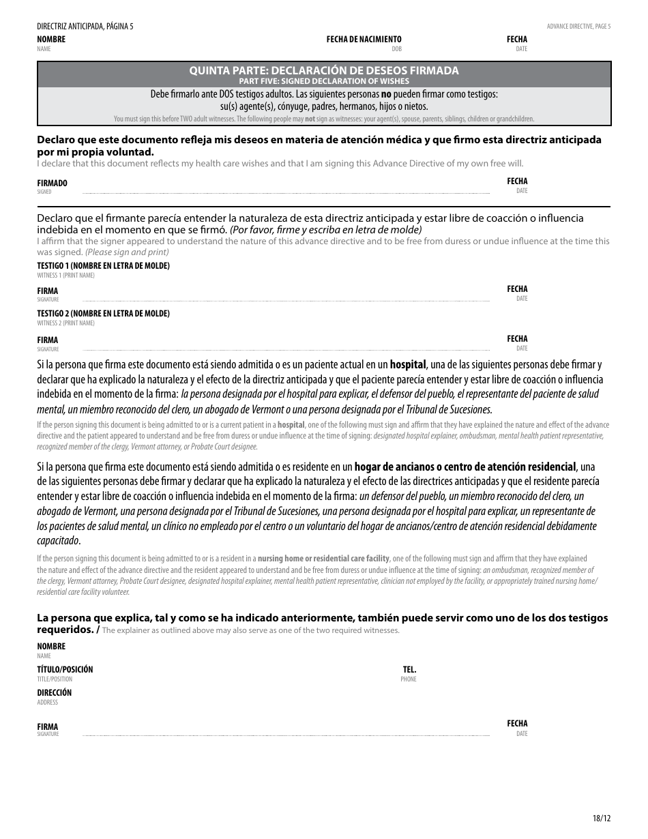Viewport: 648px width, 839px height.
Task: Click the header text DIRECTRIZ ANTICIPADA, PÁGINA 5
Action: click(x=85, y=27)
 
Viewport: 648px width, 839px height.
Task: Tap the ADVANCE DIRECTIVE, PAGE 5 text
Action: click(x=578, y=27)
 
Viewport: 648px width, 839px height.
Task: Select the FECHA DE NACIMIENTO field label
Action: click(x=364, y=40)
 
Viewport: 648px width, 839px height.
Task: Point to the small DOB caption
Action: click(x=396, y=49)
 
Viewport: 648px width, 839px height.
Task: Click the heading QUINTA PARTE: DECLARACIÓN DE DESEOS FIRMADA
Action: click(x=324, y=70)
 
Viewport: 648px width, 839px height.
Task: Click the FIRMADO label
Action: click(x=52, y=183)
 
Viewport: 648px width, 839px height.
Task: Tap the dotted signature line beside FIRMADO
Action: click(x=286, y=194)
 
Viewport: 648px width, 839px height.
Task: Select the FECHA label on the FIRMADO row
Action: click(x=517, y=181)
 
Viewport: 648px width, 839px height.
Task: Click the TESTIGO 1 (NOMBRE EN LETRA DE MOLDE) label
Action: click(x=103, y=266)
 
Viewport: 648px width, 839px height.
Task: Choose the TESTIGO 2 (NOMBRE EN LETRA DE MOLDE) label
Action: click(x=103, y=314)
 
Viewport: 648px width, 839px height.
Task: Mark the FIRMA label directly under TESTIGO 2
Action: click(x=47, y=340)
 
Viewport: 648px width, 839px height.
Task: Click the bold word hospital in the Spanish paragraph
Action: click(x=408, y=364)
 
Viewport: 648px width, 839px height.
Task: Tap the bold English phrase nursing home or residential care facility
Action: click(x=323, y=558)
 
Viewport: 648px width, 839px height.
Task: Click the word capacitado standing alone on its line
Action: click(x=58, y=540)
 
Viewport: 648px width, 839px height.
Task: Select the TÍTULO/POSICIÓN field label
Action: click(x=65, y=670)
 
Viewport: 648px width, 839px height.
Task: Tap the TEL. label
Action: click(x=409, y=670)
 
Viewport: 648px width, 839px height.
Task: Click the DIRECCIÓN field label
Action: click(x=54, y=693)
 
